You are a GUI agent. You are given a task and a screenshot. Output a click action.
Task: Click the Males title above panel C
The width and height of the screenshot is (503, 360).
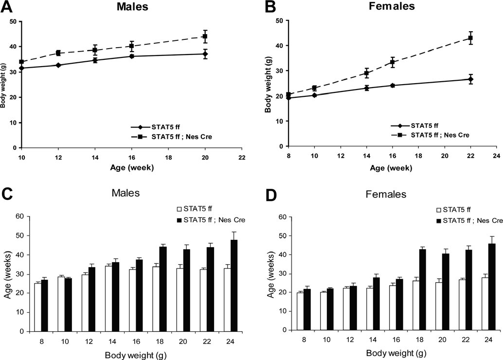[124, 193]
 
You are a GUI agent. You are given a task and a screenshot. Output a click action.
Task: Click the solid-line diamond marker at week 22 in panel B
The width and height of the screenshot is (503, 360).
[470, 79]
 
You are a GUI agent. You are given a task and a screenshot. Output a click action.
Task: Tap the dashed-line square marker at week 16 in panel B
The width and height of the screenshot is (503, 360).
[392, 62]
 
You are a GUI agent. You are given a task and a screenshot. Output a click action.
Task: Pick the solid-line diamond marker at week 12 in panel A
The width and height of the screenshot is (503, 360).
[58, 65]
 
